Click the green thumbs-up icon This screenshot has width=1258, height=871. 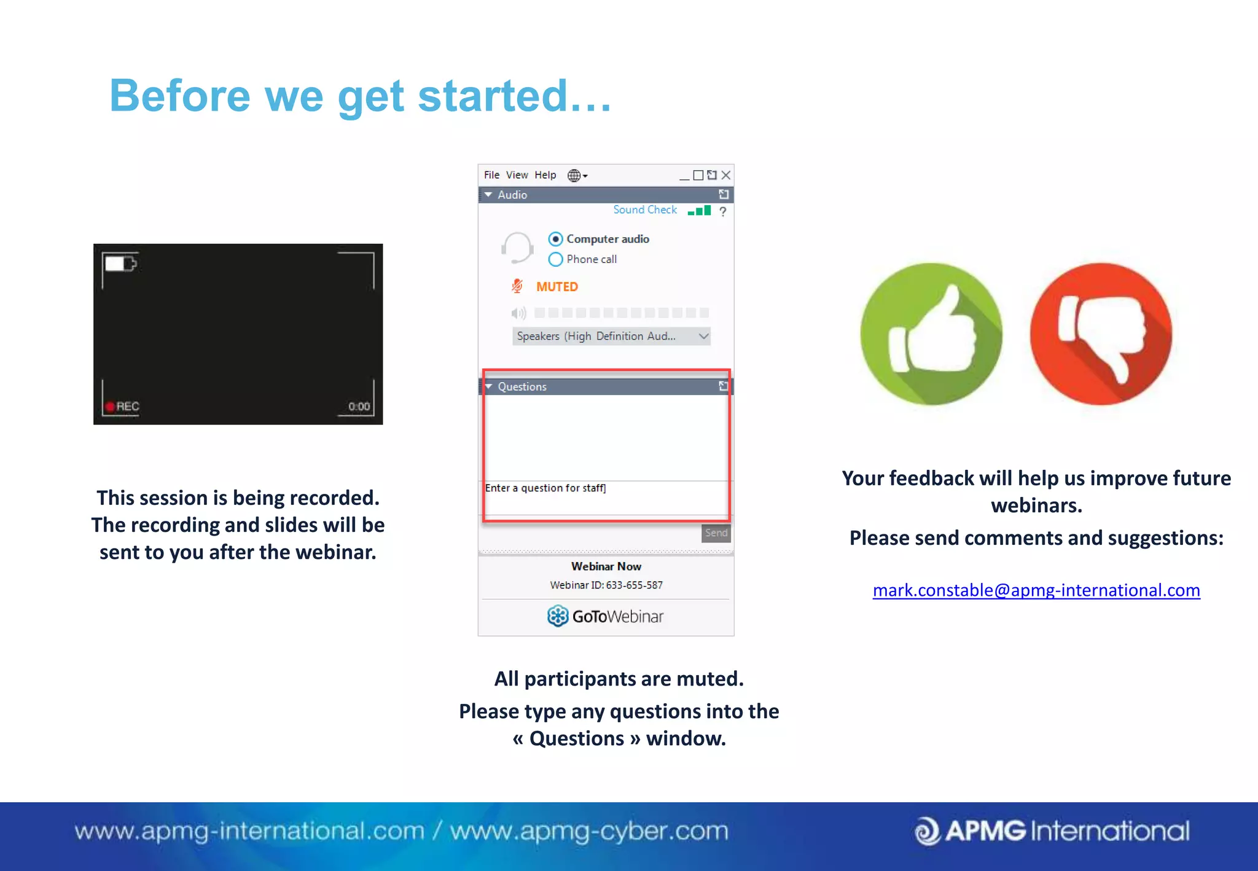[931, 334]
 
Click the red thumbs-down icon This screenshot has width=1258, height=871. [1100, 334]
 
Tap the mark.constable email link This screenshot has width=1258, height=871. [1036, 590]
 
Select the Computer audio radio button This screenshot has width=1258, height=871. [555, 239]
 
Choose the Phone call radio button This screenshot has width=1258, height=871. [555, 259]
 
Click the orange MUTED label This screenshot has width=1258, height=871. [557, 287]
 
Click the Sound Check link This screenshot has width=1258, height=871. [644, 210]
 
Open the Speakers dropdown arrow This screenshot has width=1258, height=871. [703, 336]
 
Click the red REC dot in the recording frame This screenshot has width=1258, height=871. [110, 407]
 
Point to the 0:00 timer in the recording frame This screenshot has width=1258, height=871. [359, 407]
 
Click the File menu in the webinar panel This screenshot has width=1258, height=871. [491, 175]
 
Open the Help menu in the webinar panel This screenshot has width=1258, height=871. [545, 175]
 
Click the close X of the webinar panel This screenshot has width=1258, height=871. [726, 175]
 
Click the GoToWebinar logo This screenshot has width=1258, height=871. [606, 616]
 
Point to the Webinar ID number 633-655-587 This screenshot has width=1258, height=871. [634, 585]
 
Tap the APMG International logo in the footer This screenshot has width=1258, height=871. [1052, 831]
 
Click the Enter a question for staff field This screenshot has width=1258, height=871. [605, 497]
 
